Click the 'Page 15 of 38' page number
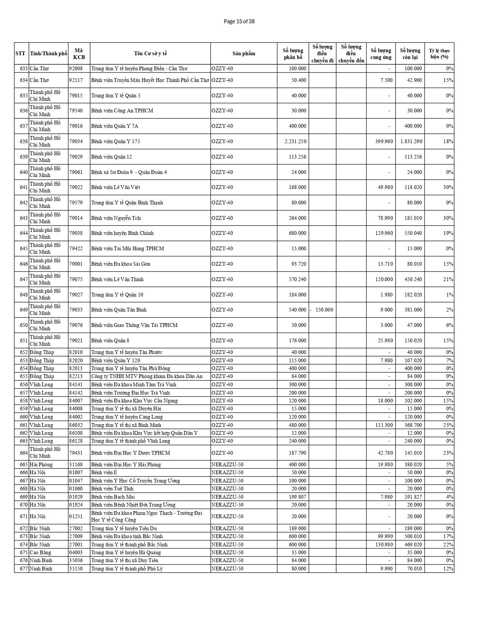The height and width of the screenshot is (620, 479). pos(239,21)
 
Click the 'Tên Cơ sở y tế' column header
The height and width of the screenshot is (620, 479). pos(150,53)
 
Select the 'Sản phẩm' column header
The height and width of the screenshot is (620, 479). pos(243,53)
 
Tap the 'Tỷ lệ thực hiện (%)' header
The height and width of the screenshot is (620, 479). pos(439,53)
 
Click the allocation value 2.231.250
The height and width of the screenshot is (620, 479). pos(295,142)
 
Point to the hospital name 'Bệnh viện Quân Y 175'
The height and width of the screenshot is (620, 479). pos(116,142)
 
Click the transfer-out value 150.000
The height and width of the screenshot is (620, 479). pos(324,310)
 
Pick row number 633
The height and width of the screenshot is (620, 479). pos(24,69)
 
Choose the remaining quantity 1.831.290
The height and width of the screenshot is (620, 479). pos(411,142)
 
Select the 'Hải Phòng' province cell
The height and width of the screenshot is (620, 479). pos(41,464)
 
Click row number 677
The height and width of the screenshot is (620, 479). pos(24,569)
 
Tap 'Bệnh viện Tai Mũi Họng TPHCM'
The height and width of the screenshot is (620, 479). pos(128,249)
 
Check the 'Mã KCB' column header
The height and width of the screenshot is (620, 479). pos(79,53)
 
